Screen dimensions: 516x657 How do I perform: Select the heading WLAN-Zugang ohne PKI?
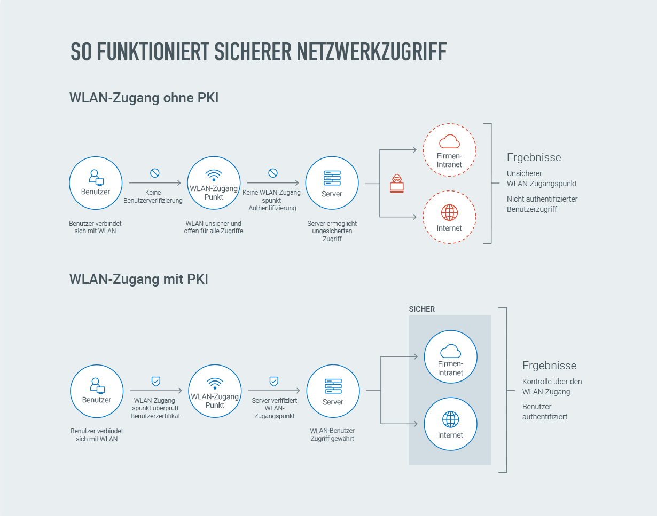click(144, 98)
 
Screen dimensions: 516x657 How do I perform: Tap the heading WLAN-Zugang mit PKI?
click(138, 279)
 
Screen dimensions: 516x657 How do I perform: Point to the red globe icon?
click(449, 212)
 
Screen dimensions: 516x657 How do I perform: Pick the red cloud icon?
click(449, 141)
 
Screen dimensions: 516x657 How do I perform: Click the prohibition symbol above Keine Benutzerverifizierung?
click(155, 173)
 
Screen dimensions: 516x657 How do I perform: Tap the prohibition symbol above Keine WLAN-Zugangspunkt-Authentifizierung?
click(272, 173)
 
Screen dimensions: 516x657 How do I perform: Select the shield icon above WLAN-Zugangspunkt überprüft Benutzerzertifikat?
click(156, 381)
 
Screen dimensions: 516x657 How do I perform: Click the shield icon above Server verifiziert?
click(273, 381)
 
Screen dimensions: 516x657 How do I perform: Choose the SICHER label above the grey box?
click(421, 309)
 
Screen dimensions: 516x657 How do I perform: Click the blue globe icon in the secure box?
click(450, 419)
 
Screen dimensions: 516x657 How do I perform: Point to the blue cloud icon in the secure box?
click(450, 351)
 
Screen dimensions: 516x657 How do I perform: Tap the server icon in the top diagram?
click(332, 178)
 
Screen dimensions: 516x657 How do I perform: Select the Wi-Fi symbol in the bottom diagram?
click(215, 383)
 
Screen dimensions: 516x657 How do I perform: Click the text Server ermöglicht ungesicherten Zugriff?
click(332, 231)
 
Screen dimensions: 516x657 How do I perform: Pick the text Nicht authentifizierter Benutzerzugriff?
click(542, 204)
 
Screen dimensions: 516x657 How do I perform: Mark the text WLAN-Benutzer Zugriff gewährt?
click(332, 434)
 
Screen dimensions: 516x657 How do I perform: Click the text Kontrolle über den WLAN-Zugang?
click(552, 386)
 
